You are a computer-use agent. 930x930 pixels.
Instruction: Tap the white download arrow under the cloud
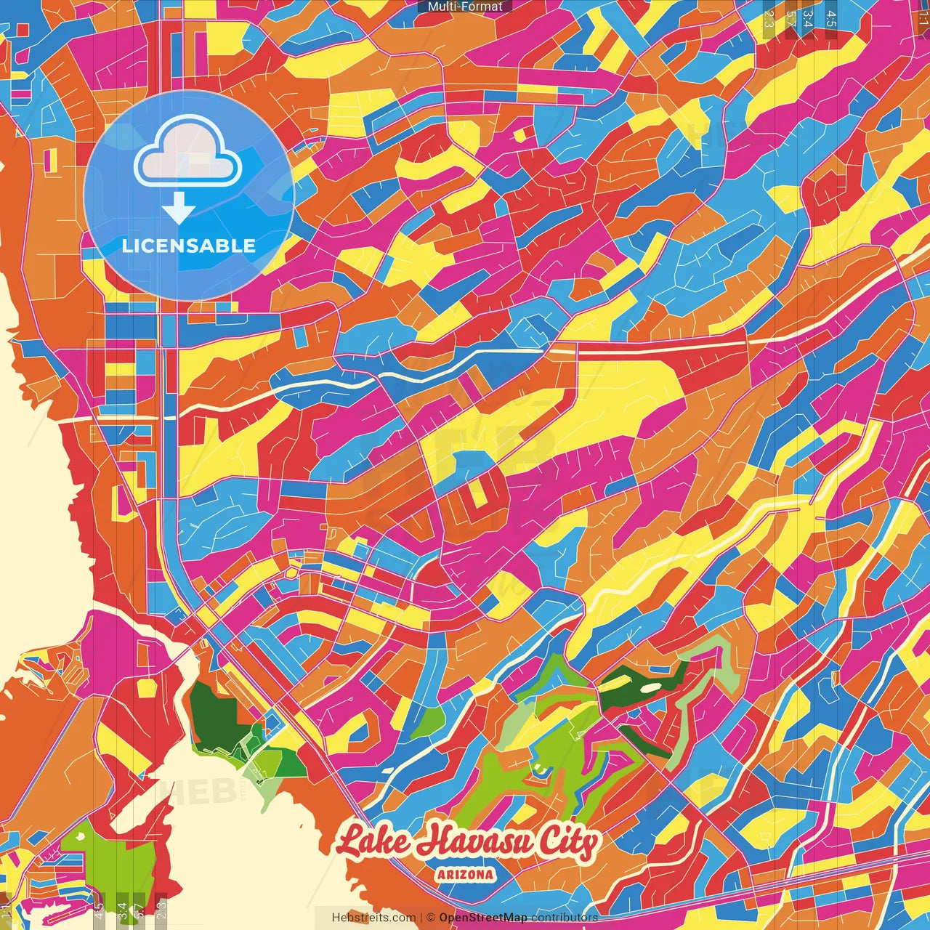point(179,207)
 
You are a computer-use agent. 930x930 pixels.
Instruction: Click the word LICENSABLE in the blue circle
point(189,246)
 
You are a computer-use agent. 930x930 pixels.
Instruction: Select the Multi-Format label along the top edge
point(465,7)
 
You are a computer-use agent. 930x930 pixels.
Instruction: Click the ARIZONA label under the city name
point(466,875)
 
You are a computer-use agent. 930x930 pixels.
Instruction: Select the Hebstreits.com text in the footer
point(374,918)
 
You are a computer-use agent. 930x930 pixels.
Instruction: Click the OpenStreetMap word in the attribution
point(483,918)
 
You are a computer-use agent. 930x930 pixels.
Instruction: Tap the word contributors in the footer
point(565,918)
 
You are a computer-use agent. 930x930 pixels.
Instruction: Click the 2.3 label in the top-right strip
point(769,19)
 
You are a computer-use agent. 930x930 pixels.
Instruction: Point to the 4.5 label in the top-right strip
point(831,19)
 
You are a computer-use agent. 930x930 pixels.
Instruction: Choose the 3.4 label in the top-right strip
point(807,19)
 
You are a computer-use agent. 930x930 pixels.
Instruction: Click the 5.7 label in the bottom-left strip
point(139,910)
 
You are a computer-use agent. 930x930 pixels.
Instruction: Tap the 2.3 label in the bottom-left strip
point(161,910)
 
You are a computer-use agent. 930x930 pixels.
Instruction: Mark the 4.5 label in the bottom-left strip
point(98,910)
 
